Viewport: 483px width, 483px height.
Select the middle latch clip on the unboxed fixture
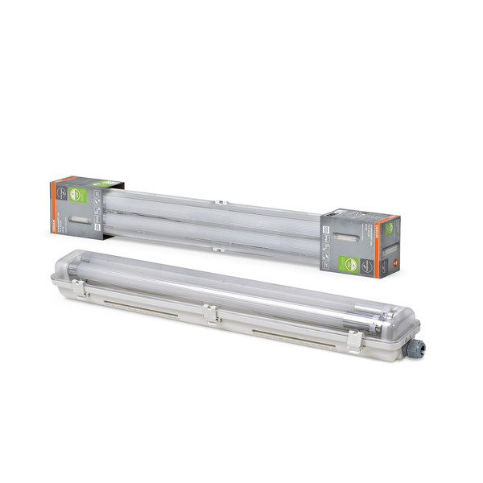tap(210, 313)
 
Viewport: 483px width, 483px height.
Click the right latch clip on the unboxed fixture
tap(353, 338)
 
